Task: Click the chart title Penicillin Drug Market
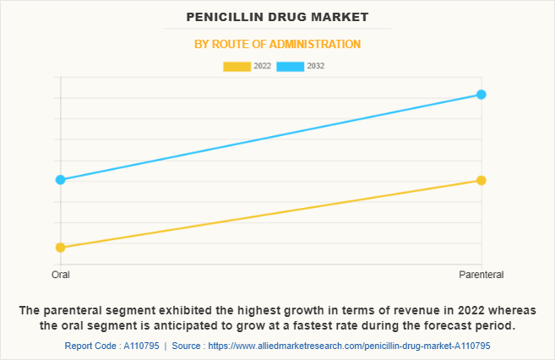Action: (x=277, y=17)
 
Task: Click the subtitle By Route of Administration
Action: (x=277, y=44)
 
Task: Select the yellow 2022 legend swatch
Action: (x=237, y=66)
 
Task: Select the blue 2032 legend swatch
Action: (x=291, y=66)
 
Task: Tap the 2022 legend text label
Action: (x=262, y=66)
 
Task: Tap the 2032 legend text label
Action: (x=316, y=66)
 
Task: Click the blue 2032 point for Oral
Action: (x=60, y=179)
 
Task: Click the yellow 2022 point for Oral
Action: (x=60, y=248)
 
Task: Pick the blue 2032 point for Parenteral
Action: (x=481, y=94)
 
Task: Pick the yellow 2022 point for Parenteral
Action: (x=481, y=180)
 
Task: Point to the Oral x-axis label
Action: (x=60, y=275)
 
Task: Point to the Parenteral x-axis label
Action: (x=481, y=275)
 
